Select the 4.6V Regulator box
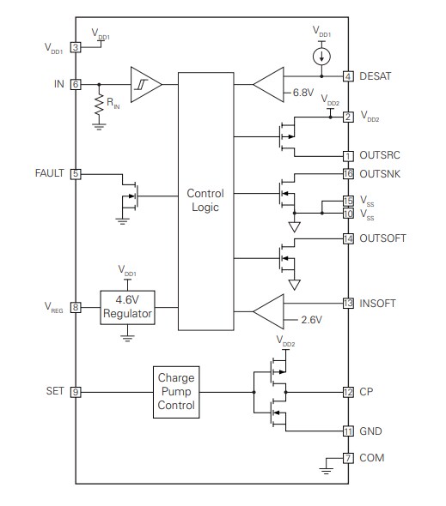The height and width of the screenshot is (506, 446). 127,307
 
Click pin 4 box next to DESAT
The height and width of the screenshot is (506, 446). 348,76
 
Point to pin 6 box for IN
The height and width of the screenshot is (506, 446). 76,84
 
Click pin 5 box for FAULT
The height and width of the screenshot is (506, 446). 76,173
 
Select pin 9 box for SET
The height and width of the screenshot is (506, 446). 76,391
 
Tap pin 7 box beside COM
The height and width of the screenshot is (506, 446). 348,458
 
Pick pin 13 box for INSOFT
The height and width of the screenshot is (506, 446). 348,303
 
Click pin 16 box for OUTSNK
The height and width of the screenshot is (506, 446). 348,173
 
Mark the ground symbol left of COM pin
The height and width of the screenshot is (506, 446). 327,467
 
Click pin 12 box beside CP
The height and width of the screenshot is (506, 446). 348,392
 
